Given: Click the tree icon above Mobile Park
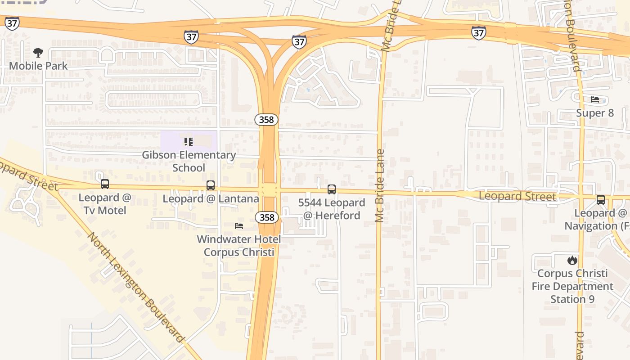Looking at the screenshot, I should tap(38, 53).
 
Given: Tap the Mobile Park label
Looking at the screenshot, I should tap(38, 66).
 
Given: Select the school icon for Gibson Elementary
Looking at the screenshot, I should tap(189, 142).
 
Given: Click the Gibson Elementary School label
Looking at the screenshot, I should tap(189, 161).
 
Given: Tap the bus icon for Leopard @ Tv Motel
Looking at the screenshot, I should tap(105, 184).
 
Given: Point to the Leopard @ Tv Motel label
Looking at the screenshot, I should tap(105, 204).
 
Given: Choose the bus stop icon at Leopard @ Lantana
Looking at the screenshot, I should tap(210, 185).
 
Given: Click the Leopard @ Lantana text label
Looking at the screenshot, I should tap(211, 198).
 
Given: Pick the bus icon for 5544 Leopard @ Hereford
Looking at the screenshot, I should tap(332, 189).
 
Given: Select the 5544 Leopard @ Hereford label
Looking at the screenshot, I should tap(332, 209).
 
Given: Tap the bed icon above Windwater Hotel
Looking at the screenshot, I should tap(239, 225).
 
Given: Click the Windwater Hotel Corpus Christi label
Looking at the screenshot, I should tap(239, 245).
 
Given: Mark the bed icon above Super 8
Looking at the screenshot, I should tap(595, 99).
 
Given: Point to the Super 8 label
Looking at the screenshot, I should tap(595, 113).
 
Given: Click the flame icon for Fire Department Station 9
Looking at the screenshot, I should tap(572, 260).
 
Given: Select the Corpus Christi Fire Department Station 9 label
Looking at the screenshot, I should tap(572, 286).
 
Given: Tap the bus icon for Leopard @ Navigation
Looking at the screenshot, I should tap(601, 200).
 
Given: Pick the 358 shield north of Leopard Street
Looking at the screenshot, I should tap(266, 120).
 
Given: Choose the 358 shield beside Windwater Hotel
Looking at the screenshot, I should tap(267, 217).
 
